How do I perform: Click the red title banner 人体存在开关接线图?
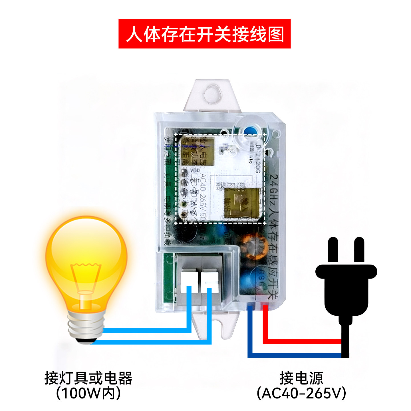tap(204, 34)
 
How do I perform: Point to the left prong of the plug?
tap(333, 249)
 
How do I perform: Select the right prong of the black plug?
tap(359, 249)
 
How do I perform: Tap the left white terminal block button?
tap(189, 281)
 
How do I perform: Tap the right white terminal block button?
tap(209, 281)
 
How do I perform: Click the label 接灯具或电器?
tap(88, 378)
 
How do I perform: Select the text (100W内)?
tap(88, 393)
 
